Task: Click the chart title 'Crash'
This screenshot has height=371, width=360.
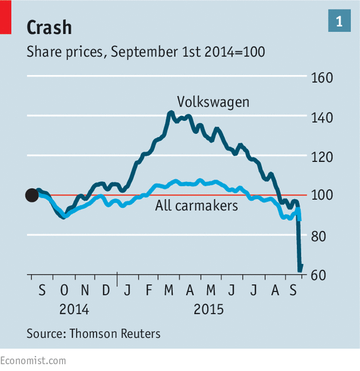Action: coord(49,27)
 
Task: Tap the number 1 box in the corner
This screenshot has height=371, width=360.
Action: coord(340,20)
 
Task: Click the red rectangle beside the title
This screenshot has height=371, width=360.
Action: coord(6,17)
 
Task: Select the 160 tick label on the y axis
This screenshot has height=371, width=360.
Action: coord(322,78)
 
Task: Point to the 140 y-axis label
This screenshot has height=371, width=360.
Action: coord(322,118)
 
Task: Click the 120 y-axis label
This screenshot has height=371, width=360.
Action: coord(322,157)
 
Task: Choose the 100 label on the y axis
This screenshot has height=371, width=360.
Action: coord(322,195)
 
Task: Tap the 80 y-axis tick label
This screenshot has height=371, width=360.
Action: coord(318,236)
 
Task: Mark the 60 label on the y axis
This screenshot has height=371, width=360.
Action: coord(318,275)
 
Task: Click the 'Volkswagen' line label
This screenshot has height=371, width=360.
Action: coord(213,102)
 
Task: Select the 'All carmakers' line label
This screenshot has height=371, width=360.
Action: coord(197,205)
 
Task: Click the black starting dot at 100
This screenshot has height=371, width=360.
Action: coord(32,195)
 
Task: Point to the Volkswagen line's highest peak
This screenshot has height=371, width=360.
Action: coord(171,112)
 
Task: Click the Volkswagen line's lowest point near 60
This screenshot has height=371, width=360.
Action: coord(300,270)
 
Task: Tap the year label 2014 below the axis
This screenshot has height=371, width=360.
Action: coord(74,309)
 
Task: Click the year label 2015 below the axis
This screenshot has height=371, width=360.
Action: coord(209,309)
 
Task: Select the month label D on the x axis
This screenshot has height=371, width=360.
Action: coord(106,290)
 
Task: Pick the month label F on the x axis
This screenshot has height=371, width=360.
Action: coord(148,290)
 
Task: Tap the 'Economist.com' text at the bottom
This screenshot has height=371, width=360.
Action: coord(33,361)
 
